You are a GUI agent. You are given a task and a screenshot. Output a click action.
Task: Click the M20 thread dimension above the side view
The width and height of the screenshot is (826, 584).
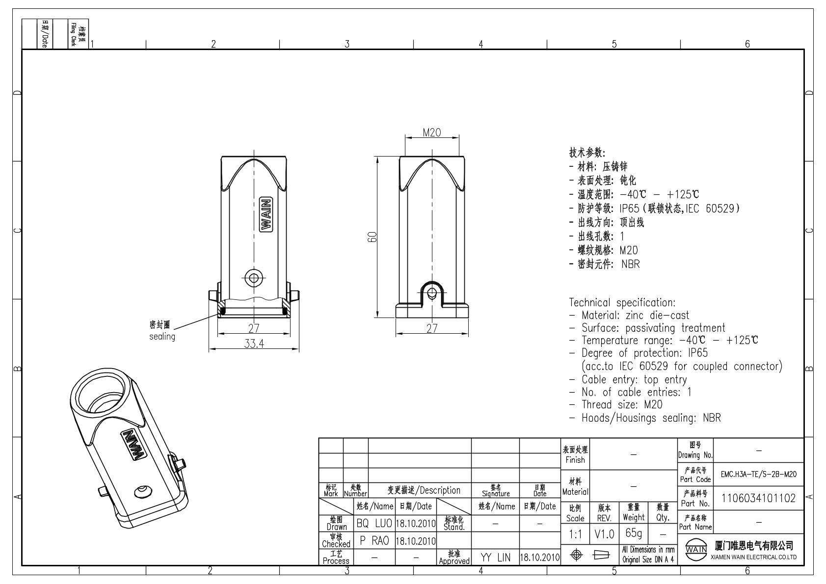coord(431,133)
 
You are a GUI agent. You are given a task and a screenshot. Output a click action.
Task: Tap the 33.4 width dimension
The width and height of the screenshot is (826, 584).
coord(254,344)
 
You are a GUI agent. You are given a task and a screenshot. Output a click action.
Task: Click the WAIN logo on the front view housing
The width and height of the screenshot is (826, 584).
coord(266,214)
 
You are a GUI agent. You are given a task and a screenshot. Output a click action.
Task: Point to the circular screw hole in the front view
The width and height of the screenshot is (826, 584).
coord(254,278)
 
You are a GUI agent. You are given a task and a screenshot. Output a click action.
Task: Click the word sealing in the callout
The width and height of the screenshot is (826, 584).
coord(162,337)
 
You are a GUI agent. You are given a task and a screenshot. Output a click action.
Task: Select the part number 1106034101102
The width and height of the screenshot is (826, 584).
coord(759,499)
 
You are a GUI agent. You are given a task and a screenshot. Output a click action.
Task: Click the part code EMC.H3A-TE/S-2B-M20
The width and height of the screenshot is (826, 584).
coord(759,475)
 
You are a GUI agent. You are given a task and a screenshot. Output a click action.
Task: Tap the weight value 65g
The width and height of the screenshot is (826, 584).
coord(634,533)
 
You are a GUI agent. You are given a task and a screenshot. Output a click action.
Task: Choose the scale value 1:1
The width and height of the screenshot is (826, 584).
coord(575,534)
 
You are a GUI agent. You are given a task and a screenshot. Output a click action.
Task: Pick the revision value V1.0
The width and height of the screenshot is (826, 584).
coord(604,534)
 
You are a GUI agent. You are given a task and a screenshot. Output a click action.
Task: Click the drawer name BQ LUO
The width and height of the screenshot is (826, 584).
coord(374,523)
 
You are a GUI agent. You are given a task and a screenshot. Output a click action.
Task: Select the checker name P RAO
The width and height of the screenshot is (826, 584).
coord(374,541)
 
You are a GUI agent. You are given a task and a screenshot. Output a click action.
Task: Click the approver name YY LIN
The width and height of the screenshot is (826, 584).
coord(495,558)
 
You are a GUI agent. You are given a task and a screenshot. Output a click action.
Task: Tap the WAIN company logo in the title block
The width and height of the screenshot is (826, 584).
coord(696,549)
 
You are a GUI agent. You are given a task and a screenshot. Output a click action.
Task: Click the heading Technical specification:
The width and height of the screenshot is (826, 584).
coord(622,303)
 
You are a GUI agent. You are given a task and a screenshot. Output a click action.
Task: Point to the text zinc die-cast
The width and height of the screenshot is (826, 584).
coord(657,315)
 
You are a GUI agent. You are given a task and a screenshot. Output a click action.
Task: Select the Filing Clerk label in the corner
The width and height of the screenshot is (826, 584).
coord(74,35)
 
